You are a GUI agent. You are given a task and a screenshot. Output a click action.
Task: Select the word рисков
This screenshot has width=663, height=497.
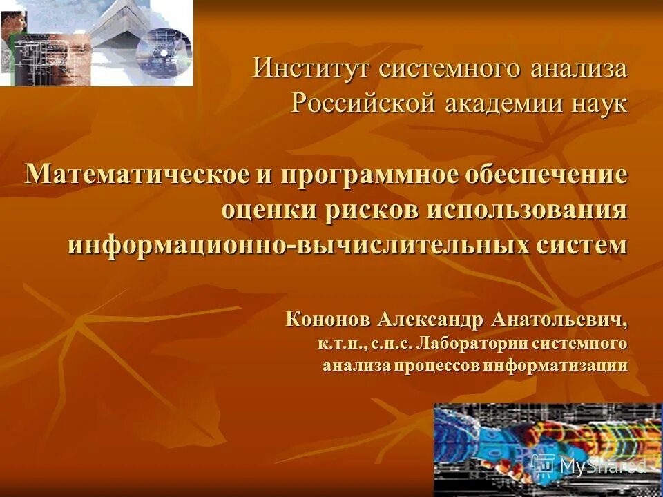[367, 209]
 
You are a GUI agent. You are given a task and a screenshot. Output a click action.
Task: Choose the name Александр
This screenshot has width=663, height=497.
[432, 320]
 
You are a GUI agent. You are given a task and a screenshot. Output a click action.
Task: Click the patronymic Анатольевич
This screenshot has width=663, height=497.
[560, 320]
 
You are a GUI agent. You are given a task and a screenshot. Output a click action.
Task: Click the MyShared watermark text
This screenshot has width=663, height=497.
[600, 466]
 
